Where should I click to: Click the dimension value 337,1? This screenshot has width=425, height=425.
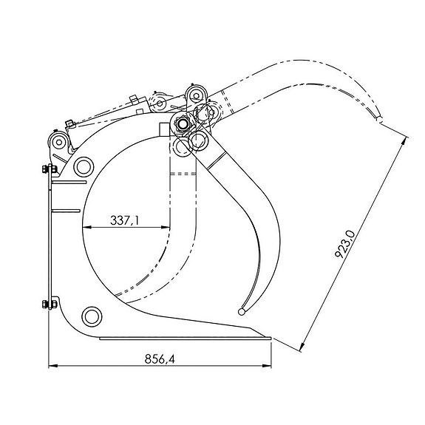[x=124, y=220]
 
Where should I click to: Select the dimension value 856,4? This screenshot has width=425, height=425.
[x=160, y=358]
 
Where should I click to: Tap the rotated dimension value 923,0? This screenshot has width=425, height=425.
[x=344, y=244]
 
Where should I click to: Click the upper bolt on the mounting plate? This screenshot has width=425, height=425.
[x=50, y=169]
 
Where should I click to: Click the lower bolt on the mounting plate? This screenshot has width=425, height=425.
[x=50, y=304]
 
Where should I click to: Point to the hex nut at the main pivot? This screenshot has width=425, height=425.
[x=183, y=124]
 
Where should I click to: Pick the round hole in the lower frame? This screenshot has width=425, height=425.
[x=92, y=316]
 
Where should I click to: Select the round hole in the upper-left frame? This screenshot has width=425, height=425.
[x=84, y=167]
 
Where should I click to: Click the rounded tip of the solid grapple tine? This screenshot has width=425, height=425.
[x=242, y=312]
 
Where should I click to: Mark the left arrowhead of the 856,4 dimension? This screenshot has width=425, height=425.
[x=53, y=366]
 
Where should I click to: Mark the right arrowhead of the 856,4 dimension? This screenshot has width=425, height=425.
[x=267, y=366]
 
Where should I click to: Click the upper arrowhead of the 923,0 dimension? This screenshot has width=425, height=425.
[x=404, y=141]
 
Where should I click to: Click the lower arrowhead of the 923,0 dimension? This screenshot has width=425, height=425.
[x=302, y=347]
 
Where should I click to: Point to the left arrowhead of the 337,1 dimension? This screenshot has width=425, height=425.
[x=86, y=227]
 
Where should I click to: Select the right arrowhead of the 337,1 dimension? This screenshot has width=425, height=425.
[x=166, y=227]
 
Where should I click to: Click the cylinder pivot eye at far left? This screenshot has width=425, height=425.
[x=58, y=142]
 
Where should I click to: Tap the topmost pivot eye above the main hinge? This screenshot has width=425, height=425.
[x=197, y=95]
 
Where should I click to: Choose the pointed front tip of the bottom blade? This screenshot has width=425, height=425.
[x=271, y=339]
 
